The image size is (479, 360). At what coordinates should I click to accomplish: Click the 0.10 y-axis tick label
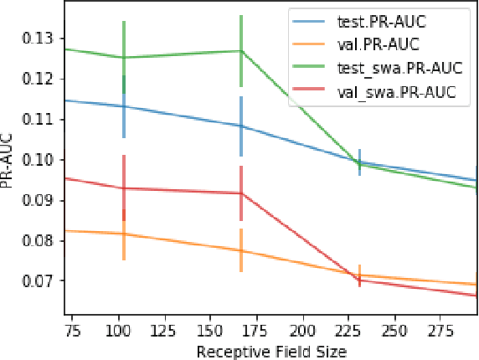point(40,160)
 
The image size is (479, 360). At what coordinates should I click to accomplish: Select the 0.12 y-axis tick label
point(40,79)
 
